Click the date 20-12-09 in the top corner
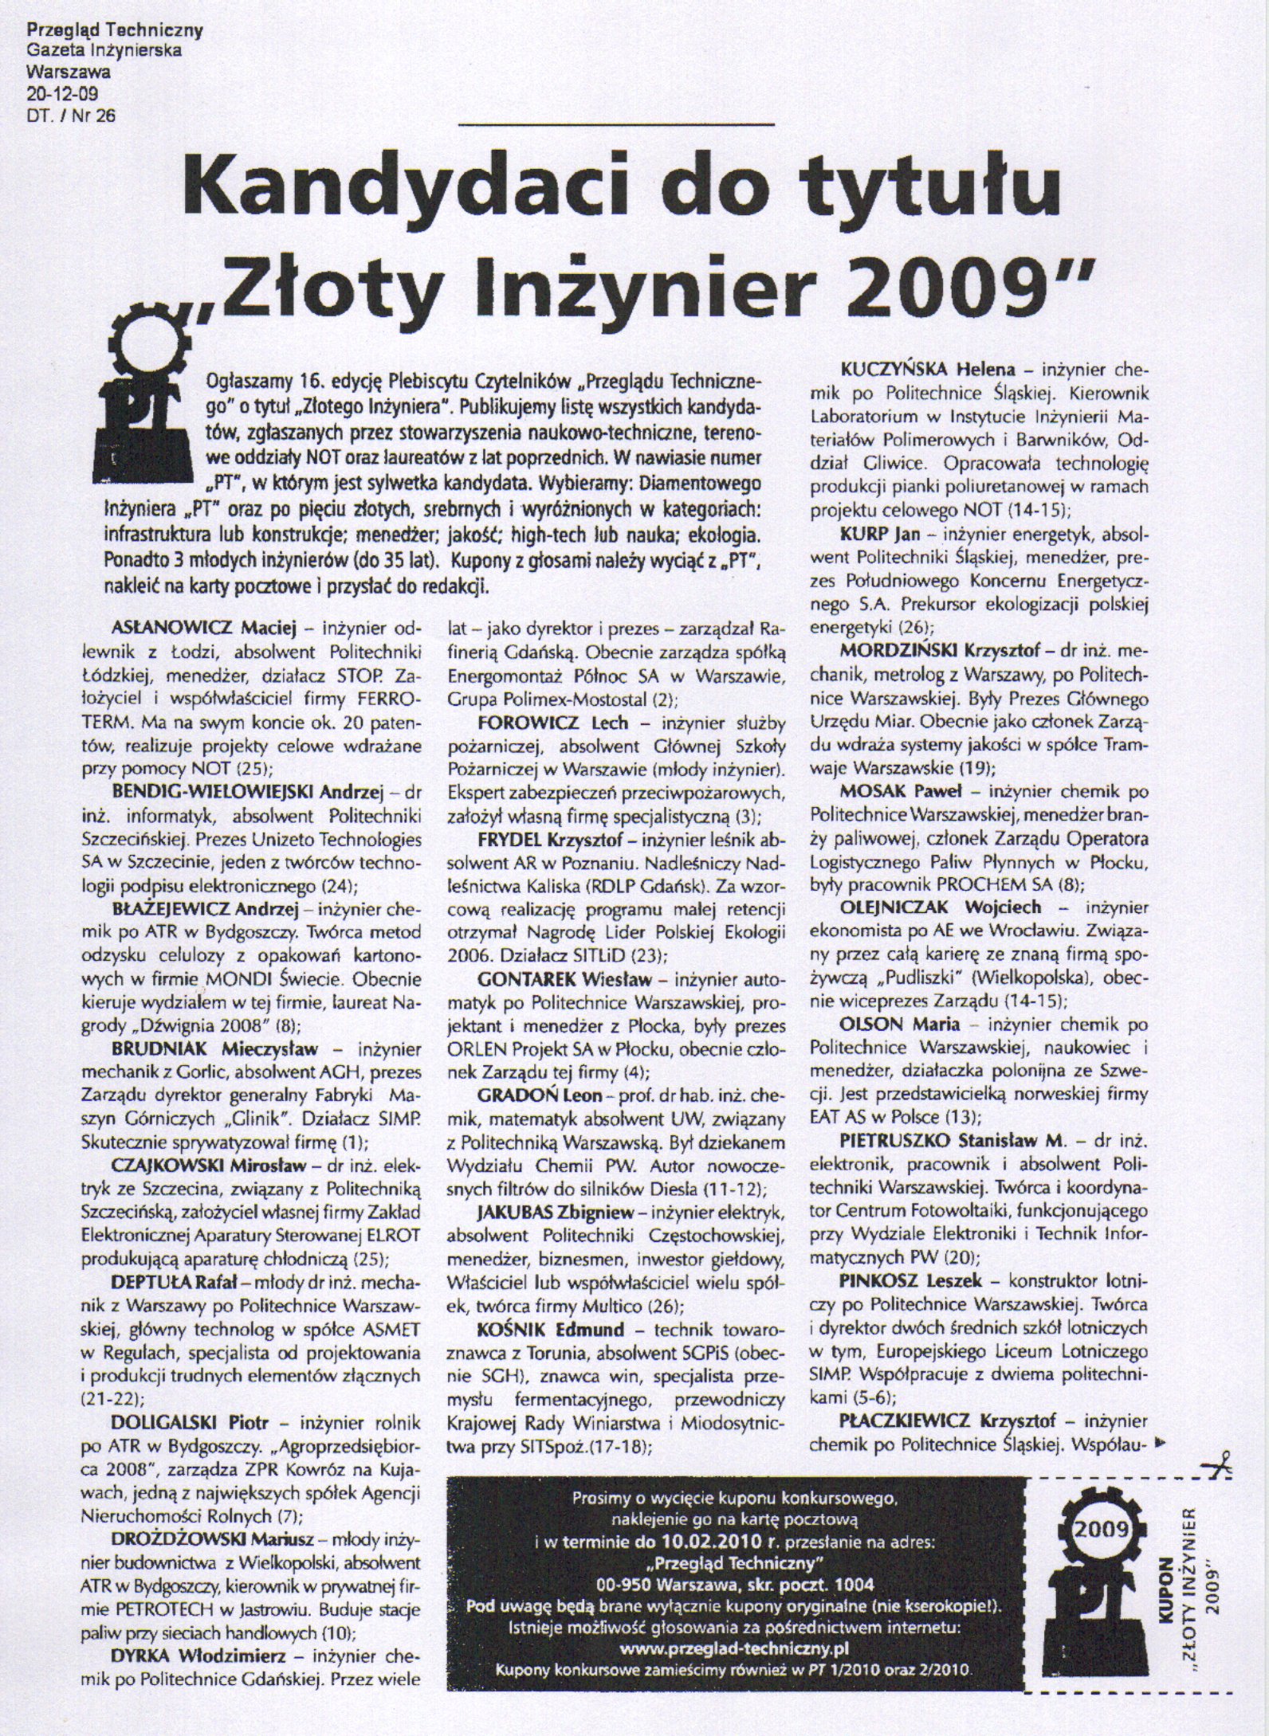click(58, 99)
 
